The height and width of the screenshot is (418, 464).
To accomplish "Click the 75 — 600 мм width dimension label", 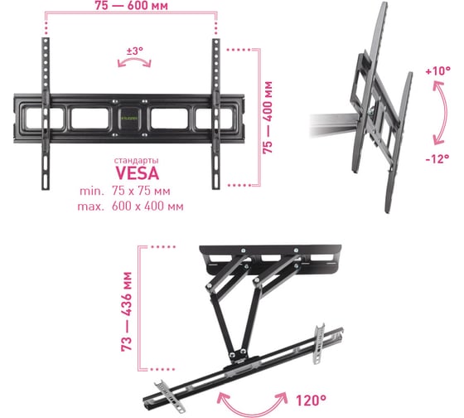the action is (132, 6).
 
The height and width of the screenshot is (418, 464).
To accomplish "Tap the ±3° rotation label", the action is (134, 51).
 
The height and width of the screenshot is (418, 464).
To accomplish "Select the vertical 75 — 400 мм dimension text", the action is (268, 117).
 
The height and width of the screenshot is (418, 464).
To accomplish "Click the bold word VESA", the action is (137, 173).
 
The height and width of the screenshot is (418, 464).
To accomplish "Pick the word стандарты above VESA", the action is (136, 161).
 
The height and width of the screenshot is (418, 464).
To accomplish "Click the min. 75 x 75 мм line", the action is (125, 191).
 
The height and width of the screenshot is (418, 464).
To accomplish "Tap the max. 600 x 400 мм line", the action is (130, 207).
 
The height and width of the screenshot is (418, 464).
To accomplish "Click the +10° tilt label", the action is (438, 70).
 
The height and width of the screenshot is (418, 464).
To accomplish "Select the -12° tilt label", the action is (437, 158).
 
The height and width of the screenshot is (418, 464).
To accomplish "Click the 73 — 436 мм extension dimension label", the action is (126, 312).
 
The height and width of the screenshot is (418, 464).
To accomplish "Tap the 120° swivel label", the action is (311, 401).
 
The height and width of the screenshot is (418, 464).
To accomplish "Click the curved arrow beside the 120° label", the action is (252, 412).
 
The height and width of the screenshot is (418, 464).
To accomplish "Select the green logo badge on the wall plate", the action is (130, 119).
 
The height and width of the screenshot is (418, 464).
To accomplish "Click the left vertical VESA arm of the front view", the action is (46, 114).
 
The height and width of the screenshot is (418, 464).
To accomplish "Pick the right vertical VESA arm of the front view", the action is (216, 114).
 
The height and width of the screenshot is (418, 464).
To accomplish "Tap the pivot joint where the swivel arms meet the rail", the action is (237, 355).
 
